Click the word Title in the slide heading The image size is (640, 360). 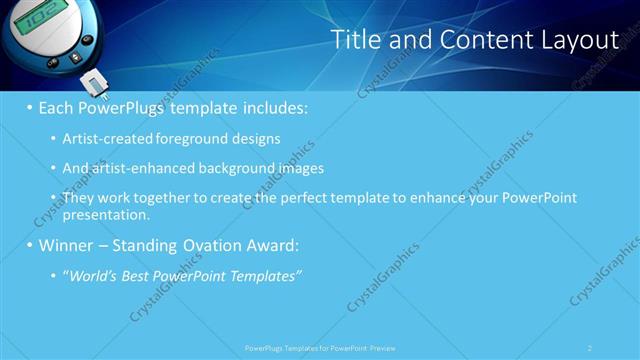pyautogui.click(x=354, y=40)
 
